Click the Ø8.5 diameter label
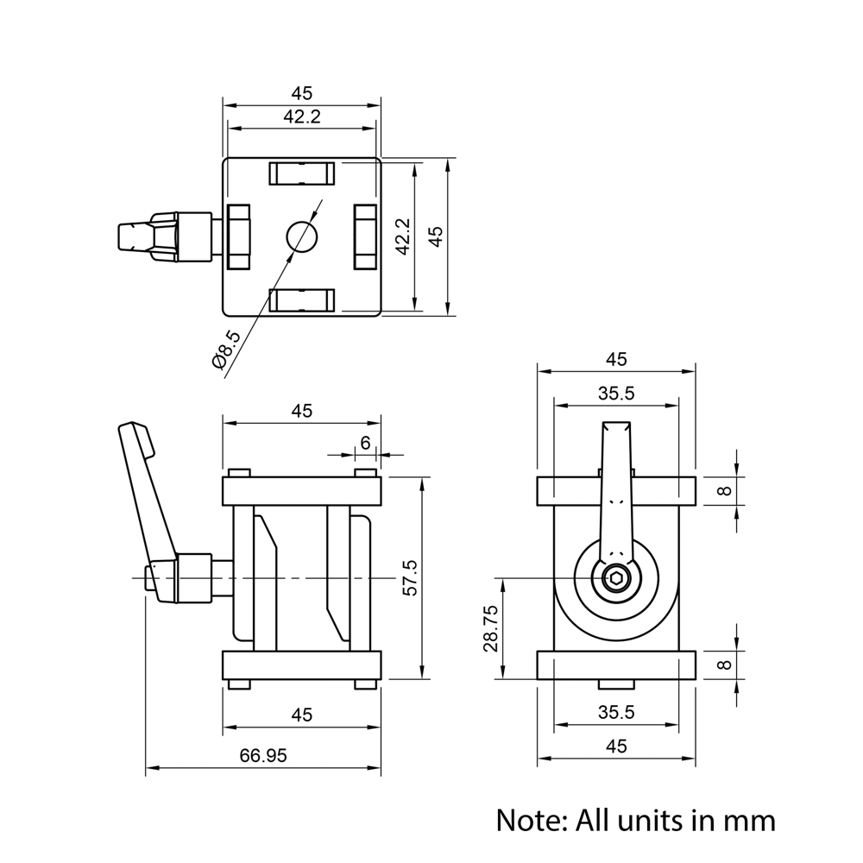227,350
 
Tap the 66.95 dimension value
263,755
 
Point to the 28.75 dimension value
490,627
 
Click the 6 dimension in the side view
365,442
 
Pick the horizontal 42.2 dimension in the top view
301,117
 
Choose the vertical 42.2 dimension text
402,236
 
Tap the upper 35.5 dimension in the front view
616,394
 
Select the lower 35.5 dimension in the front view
616,712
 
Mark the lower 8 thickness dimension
725,665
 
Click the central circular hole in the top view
301,236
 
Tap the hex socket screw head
616,579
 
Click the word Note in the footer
527,819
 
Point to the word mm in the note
749,819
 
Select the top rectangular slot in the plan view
301,173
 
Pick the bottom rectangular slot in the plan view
301,299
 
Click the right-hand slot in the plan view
364,236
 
